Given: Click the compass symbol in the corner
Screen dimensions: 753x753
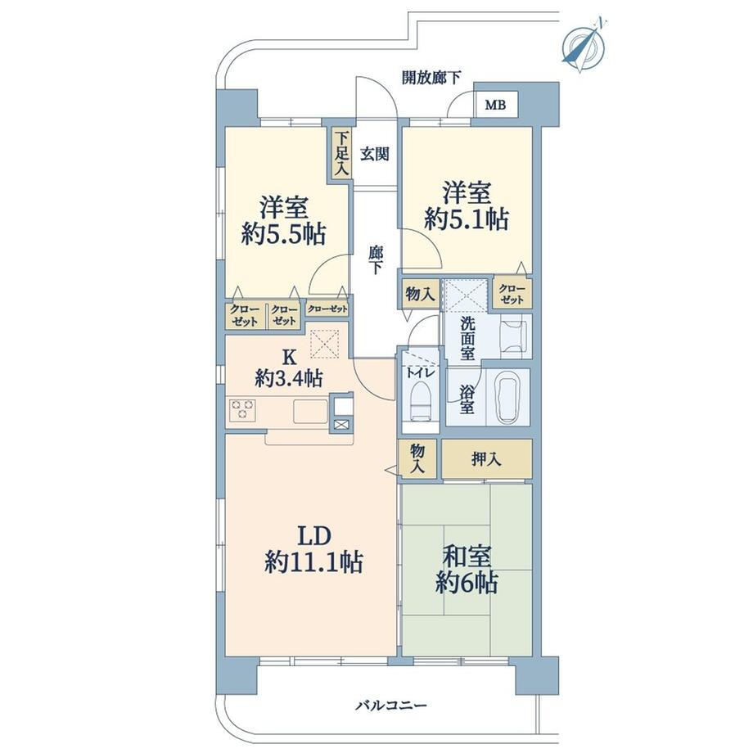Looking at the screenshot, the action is pyautogui.click(x=584, y=45).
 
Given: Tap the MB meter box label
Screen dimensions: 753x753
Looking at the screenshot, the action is pyautogui.click(x=496, y=105).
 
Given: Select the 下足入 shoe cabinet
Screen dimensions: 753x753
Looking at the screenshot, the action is pyautogui.click(x=340, y=154).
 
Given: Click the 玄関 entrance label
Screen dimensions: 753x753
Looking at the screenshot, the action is pyautogui.click(x=375, y=154).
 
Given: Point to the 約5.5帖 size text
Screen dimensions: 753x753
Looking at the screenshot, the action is pyautogui.click(x=283, y=234).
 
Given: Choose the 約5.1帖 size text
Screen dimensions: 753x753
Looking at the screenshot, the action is pyautogui.click(x=467, y=219).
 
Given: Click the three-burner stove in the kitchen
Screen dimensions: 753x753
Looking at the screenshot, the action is pyautogui.click(x=243, y=409).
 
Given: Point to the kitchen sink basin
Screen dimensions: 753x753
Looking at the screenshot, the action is pyautogui.click(x=310, y=412).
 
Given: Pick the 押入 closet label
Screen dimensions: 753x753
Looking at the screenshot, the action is pyautogui.click(x=486, y=460).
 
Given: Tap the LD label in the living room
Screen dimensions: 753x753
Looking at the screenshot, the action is pyautogui.click(x=314, y=536).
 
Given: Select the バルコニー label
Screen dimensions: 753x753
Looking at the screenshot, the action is pyautogui.click(x=391, y=706).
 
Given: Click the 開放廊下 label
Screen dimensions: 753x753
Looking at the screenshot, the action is pyautogui.click(x=431, y=77).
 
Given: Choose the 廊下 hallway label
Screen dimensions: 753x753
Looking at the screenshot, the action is pyautogui.click(x=376, y=259).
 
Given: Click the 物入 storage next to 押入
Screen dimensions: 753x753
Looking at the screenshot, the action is pyautogui.click(x=417, y=458).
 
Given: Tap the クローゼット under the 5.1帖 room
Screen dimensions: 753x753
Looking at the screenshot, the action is pyautogui.click(x=512, y=293).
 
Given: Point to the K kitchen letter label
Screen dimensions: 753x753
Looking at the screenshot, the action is pyautogui.click(x=288, y=357).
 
